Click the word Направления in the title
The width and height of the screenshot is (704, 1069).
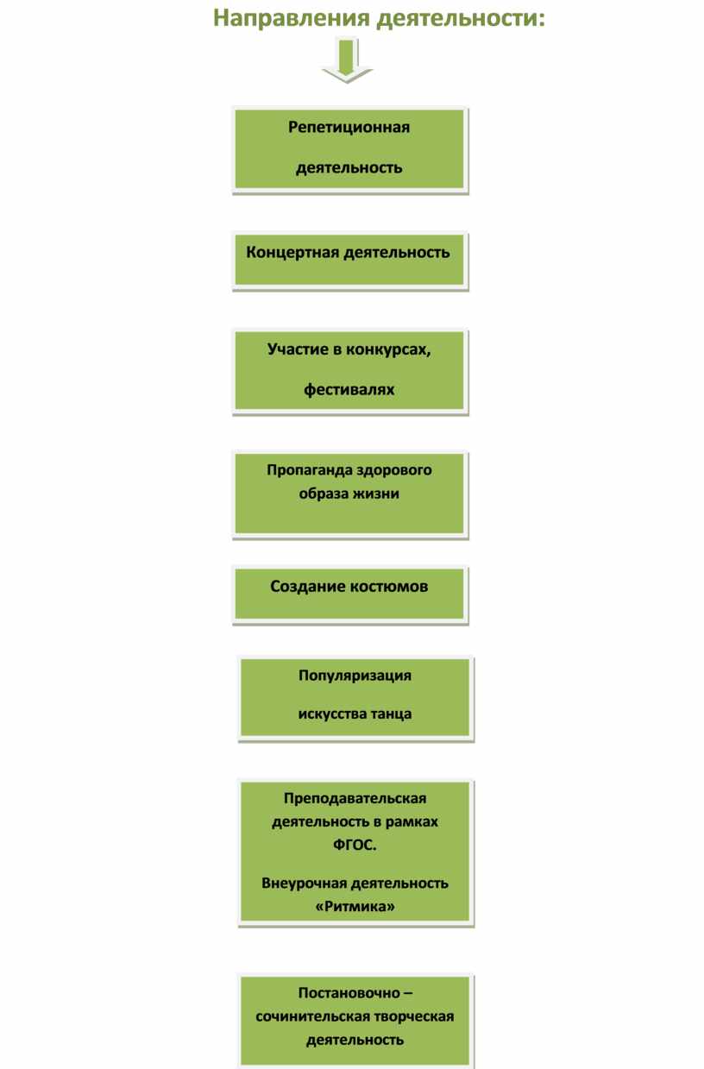point(291,19)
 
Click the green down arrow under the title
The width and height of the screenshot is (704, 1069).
point(347,61)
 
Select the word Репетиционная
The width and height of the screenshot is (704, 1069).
point(349,128)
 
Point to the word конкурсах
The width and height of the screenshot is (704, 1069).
point(388,349)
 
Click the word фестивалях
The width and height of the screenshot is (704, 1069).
point(349,390)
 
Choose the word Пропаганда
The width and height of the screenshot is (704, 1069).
point(308,470)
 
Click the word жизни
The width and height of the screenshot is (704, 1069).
point(378,494)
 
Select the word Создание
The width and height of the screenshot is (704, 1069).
point(308,587)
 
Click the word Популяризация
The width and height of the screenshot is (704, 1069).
point(355,676)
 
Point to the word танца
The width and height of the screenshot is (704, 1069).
point(391,714)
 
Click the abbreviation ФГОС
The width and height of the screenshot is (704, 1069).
point(355,846)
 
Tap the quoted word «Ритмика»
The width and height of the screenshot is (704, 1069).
point(355,906)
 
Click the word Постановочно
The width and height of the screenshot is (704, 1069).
point(349,993)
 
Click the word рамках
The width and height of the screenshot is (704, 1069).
point(412,821)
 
